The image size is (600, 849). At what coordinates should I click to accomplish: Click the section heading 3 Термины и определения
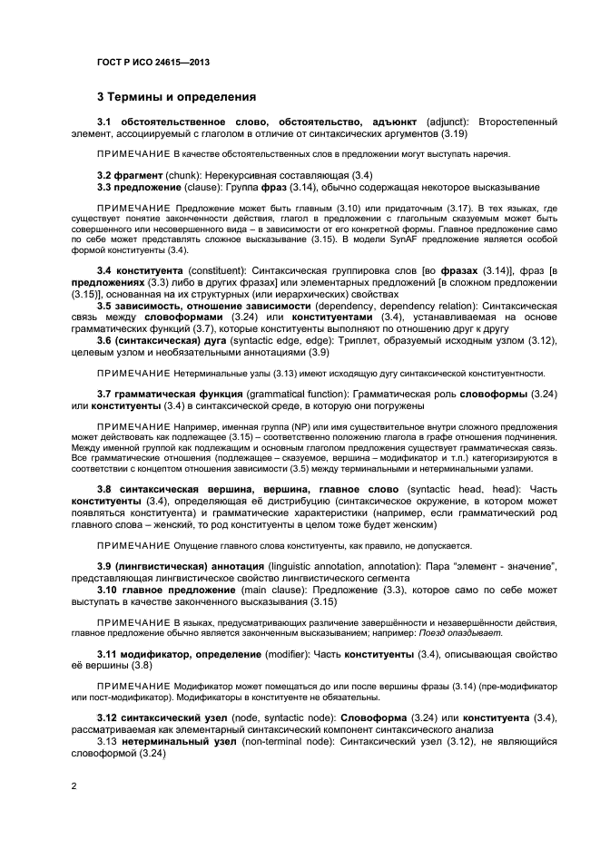pyautogui.click(x=176, y=95)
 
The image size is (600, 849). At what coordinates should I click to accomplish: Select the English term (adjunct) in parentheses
pyautogui.click(x=447, y=122)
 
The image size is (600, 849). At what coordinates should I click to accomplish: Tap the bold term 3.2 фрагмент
pyautogui.click(x=131, y=173)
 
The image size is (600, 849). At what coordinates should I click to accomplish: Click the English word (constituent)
pyautogui.click(x=221, y=271)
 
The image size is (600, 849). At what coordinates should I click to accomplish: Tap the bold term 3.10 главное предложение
pyautogui.click(x=157, y=590)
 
